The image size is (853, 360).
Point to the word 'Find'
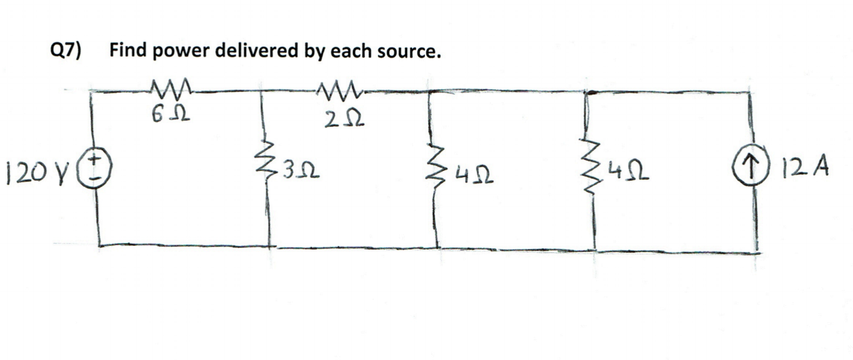(127, 51)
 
